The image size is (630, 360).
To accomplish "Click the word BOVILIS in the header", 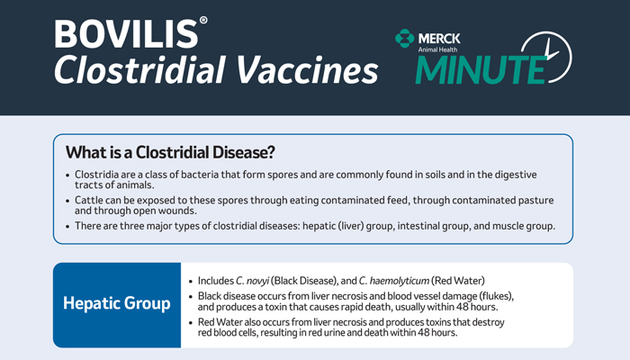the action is pyautogui.click(x=126, y=34).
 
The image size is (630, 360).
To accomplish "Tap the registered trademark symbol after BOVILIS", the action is pyautogui.click(x=203, y=20).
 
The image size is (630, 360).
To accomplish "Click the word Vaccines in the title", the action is pyautogui.click(x=307, y=69).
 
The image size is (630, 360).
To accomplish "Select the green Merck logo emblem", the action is pyautogui.click(x=404, y=39).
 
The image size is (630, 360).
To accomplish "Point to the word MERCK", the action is pyautogui.click(x=439, y=39).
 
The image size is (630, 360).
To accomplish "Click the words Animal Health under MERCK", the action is pyautogui.click(x=437, y=49).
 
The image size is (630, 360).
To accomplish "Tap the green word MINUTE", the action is pyautogui.click(x=481, y=69).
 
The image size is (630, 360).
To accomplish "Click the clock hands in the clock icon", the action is pyautogui.click(x=551, y=51).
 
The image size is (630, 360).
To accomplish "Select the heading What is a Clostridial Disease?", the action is pyautogui.click(x=170, y=152).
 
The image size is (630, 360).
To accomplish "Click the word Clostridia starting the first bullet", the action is pyautogui.click(x=96, y=175).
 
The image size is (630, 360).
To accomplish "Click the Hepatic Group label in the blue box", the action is pyautogui.click(x=117, y=303).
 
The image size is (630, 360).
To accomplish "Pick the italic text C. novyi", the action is pyautogui.click(x=252, y=281).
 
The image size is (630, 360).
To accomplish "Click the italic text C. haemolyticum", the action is pyautogui.click(x=394, y=281).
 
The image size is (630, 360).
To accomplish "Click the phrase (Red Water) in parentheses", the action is pyautogui.click(x=458, y=281).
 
